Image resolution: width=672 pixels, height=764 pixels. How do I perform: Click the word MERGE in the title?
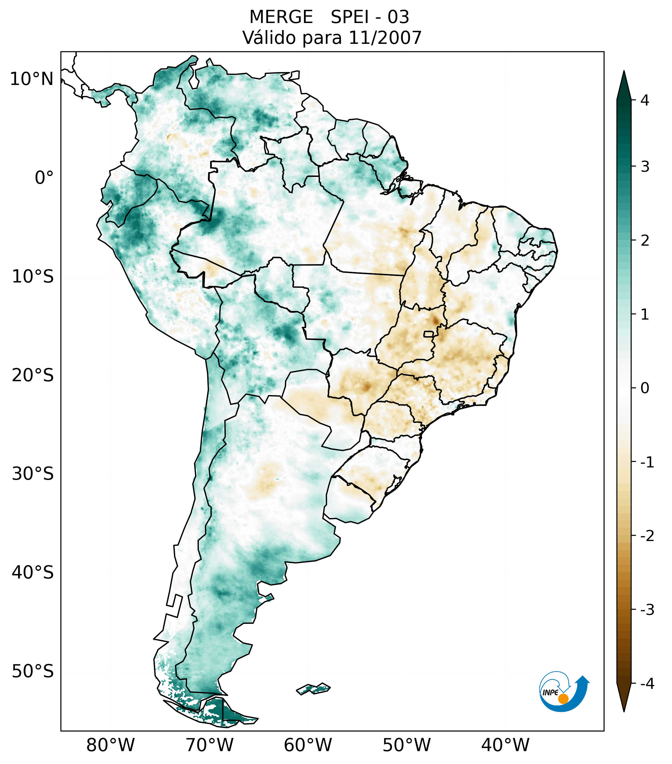[x=281, y=17]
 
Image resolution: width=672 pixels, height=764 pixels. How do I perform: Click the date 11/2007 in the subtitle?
[x=385, y=38]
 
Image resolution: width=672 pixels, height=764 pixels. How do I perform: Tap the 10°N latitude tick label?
[x=32, y=79]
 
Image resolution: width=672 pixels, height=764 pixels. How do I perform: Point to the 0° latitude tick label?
[x=44, y=178]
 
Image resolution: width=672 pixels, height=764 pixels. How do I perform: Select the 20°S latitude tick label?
[x=33, y=375]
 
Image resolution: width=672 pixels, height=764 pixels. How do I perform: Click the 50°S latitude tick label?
[x=33, y=672]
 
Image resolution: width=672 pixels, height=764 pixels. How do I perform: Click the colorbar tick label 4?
[x=645, y=100]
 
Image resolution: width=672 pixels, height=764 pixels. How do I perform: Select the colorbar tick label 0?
[x=645, y=388]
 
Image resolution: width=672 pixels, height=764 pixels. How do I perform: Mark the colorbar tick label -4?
[x=647, y=684]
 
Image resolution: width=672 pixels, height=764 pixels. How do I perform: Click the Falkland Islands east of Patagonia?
[x=313, y=689]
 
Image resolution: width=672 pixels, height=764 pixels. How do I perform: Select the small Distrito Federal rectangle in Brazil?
[x=428, y=334]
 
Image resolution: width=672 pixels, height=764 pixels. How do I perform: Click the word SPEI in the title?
[x=349, y=17]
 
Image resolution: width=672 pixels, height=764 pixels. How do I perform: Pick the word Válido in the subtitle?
[x=269, y=38]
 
